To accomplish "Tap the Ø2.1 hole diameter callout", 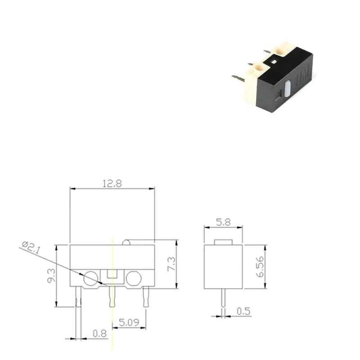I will [31, 248].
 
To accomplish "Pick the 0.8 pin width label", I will [99, 333].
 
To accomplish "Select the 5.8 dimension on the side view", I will [224, 222].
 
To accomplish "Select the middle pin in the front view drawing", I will [112, 297].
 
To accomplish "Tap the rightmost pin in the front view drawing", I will [145, 297].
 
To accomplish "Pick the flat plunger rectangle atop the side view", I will [224, 242].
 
